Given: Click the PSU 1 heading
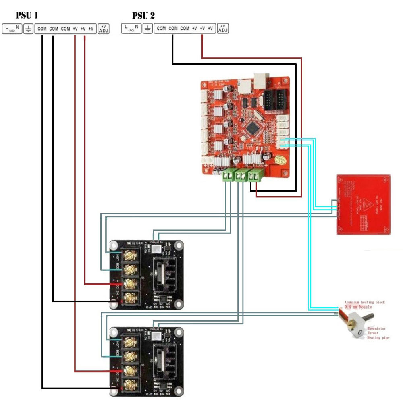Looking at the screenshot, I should coord(27,16).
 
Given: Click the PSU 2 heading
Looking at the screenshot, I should coord(143,16).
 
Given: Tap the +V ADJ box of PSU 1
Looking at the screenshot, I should coord(104,29).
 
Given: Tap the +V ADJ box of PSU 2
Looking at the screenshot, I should coord(222,29).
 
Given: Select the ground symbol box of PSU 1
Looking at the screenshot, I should coord(28,29).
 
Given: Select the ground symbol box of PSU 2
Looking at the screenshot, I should coord(147,29).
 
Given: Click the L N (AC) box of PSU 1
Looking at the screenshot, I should coord(12,29).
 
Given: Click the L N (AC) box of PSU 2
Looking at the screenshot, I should coord(131,29).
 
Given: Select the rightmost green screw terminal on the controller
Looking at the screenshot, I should coord(256,175).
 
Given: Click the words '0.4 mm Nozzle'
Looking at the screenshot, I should coord(358,307).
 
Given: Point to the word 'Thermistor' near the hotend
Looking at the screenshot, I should coord(376,328).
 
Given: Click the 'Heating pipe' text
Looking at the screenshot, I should coord(378,338).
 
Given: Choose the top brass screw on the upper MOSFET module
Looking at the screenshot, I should coord(130,255).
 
